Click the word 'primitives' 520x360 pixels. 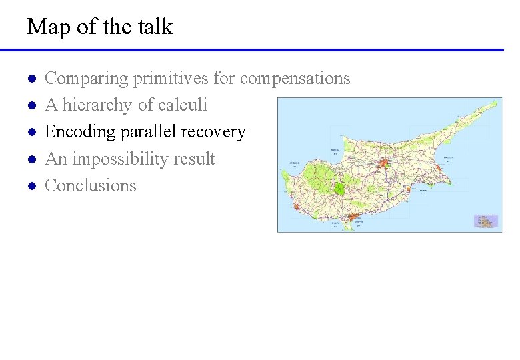pyautogui.click(x=171, y=79)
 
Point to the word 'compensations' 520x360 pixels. pyautogui.click(x=295, y=79)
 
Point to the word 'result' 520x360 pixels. pyautogui.click(x=193, y=159)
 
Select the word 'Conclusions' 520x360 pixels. pyautogui.click(x=90, y=186)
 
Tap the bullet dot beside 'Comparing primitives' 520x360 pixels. pyautogui.click(x=31, y=79)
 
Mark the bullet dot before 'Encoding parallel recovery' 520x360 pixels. pyautogui.click(x=31, y=133)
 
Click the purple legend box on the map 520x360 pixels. pyautogui.click(x=486, y=221)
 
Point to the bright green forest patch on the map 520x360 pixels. pyautogui.click(x=339, y=188)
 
